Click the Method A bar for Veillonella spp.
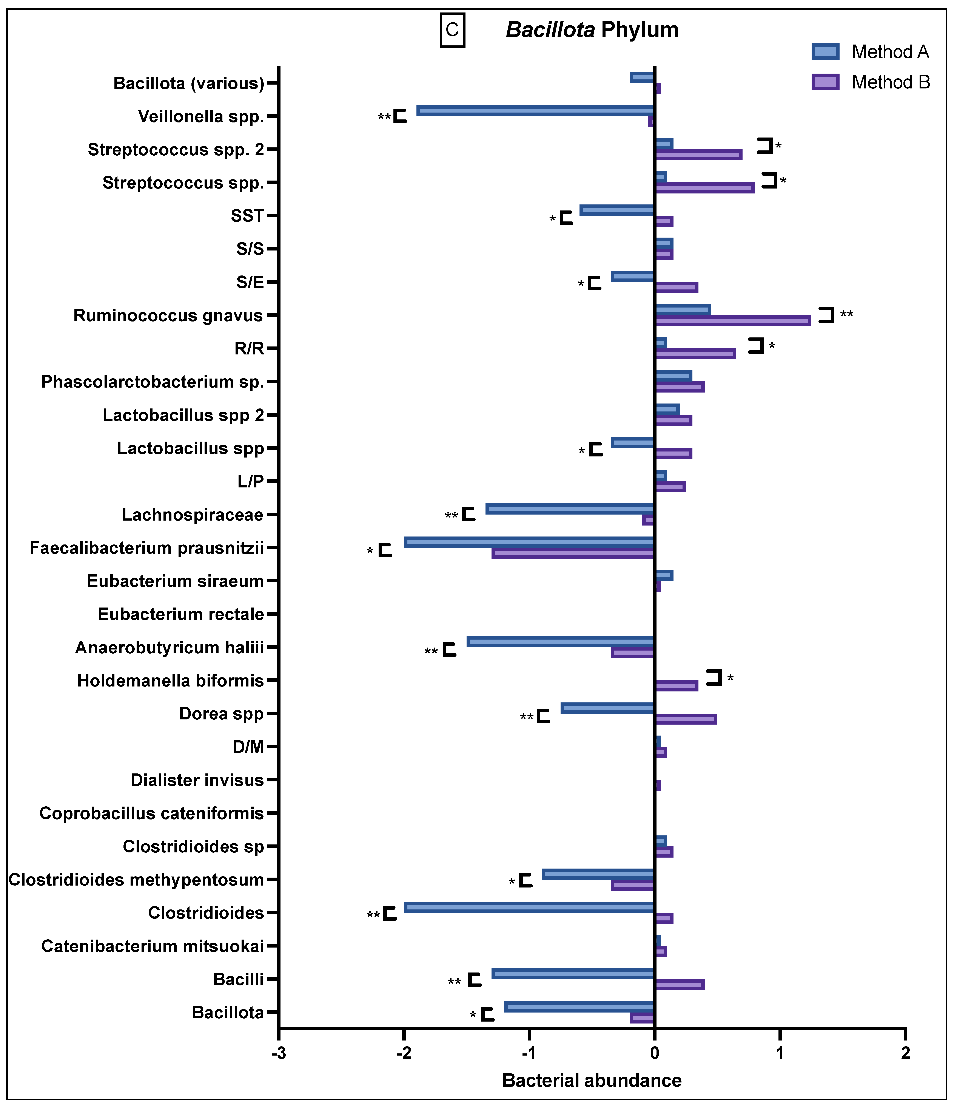coord(535,111)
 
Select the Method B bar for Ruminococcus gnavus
coord(733,321)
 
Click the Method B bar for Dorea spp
coord(686,719)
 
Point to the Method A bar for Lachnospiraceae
coord(570,509)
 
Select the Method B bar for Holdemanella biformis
coord(676,686)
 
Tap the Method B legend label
coord(890,82)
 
